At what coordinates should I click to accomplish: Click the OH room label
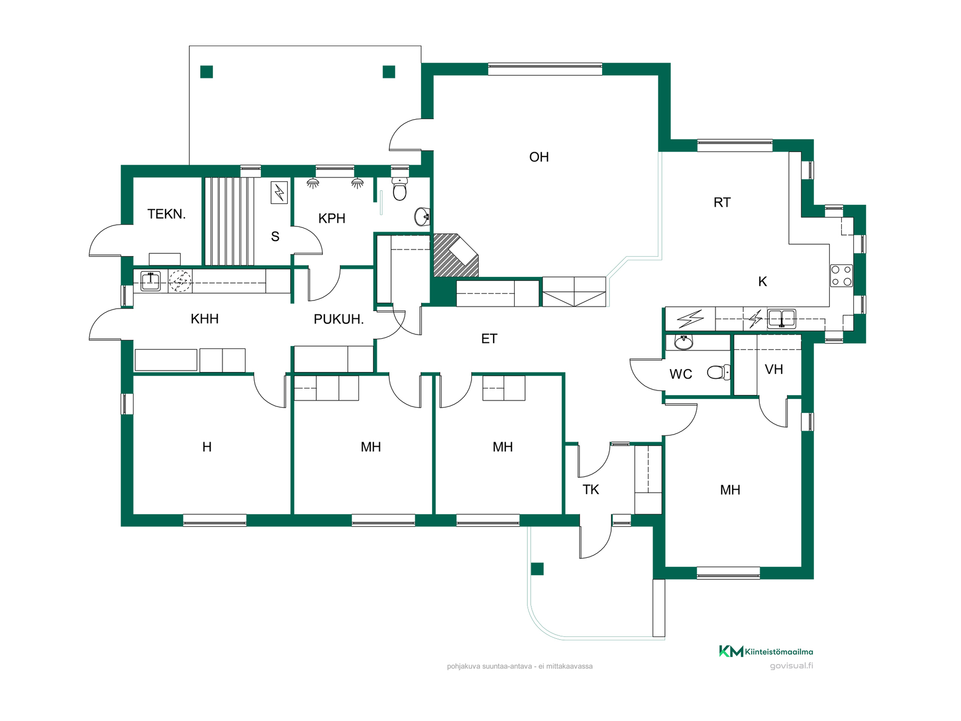(x=539, y=157)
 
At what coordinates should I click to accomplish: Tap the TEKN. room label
(x=167, y=214)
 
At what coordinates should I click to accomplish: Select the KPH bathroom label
(x=332, y=218)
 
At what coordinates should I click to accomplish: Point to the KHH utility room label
(x=205, y=319)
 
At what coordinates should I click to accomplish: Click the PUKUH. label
(x=338, y=319)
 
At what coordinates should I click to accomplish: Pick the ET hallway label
(x=489, y=339)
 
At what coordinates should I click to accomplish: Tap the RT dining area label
(x=722, y=203)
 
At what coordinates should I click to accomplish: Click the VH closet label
(x=774, y=370)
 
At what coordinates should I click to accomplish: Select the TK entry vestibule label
(x=591, y=490)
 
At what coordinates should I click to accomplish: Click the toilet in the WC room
(x=719, y=372)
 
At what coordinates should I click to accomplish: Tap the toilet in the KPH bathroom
(x=399, y=188)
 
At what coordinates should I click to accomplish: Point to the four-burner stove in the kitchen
(x=841, y=275)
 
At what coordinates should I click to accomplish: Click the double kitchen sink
(x=781, y=318)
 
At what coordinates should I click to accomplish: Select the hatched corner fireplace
(x=455, y=255)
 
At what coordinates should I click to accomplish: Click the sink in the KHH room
(x=150, y=281)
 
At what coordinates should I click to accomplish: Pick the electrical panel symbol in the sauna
(x=279, y=192)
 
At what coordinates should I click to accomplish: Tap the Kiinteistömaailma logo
(x=766, y=651)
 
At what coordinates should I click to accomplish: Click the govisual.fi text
(x=791, y=666)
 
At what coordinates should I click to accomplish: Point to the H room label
(x=207, y=447)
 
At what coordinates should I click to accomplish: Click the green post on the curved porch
(x=537, y=569)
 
